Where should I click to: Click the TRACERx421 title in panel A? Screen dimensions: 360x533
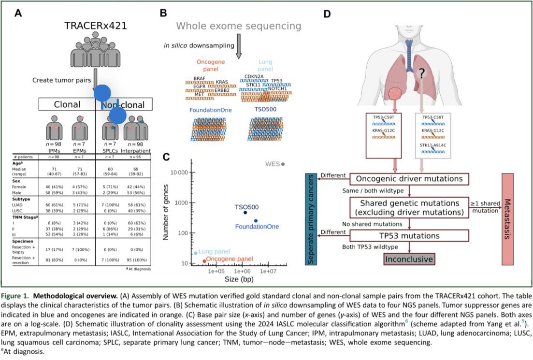[96, 26]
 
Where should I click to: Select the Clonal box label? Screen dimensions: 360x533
[68, 104]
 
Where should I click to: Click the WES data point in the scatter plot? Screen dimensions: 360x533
[283, 164]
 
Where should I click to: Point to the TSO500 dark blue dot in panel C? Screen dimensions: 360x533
[245, 212]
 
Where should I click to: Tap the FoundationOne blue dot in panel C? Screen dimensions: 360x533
[256, 221]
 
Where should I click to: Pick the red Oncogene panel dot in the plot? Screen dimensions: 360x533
[205, 261]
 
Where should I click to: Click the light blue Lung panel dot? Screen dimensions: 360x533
[196, 253]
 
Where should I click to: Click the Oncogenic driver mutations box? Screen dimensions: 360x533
[409, 178]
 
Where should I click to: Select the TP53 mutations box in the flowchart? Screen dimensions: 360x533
[409, 236]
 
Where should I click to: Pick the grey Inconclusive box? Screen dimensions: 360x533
[409, 259]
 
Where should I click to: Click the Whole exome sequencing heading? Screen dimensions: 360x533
[239, 26]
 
